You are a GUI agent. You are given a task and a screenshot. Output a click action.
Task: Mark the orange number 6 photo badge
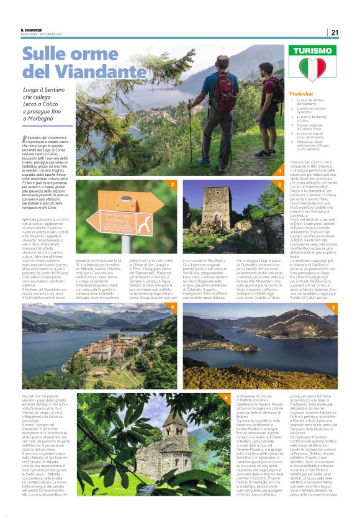point(225,396)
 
